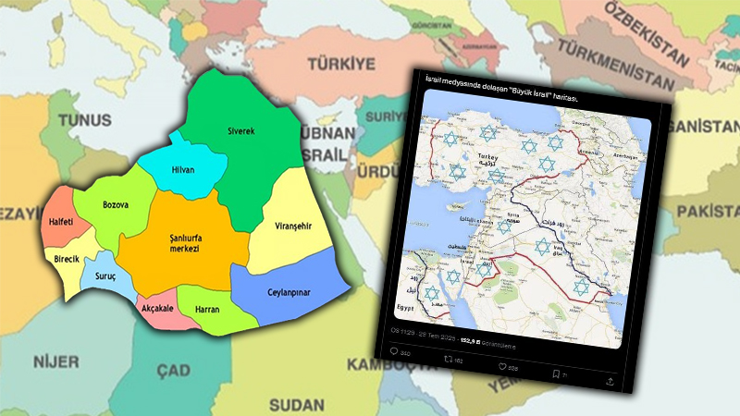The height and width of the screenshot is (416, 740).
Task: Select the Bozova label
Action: pos(116,202)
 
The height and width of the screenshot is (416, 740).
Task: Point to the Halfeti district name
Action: pos(66,223)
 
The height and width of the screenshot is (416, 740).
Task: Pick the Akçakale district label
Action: pos(158,311)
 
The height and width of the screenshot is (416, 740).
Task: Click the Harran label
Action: pos(207,309)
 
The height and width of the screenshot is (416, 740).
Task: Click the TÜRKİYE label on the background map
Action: pos(342,64)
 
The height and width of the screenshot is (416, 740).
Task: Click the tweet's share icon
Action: pos(611,380)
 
